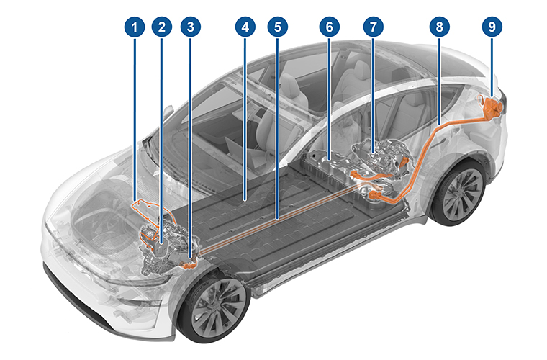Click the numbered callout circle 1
pyautogui.click(x=134, y=27)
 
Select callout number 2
pyautogui.click(x=162, y=27)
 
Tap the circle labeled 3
pyautogui.click(x=190, y=27)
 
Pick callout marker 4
pyautogui.click(x=245, y=27)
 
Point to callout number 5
pyautogui.click(x=277, y=27)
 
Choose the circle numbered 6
pyautogui.click(x=329, y=27)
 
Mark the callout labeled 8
pyautogui.click(x=438, y=27)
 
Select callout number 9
pyautogui.click(x=492, y=27)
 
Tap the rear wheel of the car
pyautogui.click(x=458, y=194)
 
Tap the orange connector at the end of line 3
pyautogui.click(x=190, y=265)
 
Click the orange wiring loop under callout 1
pyautogui.click(x=148, y=208)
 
